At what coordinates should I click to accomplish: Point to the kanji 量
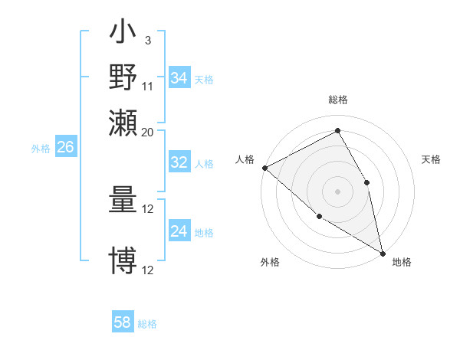tap(123, 201)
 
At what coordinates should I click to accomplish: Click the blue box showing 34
tap(179, 78)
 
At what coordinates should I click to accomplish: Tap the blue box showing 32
tap(179, 162)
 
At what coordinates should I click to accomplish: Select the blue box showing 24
tap(179, 231)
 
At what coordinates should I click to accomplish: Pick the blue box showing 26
tap(65, 147)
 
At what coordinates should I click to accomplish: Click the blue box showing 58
tap(123, 322)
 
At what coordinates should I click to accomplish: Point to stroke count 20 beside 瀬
tap(148, 132)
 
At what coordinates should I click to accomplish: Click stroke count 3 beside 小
tap(147, 40)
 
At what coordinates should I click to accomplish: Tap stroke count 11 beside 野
tap(148, 86)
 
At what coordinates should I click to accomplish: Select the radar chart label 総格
tap(338, 100)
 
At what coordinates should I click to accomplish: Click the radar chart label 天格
tap(432, 159)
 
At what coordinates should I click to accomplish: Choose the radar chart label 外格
tap(270, 263)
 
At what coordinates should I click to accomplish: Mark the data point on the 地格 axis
tap(383, 253)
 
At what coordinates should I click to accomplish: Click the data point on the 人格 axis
tap(264, 168)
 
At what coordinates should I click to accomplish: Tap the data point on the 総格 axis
tap(338, 130)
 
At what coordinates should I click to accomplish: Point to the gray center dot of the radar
tap(338, 191)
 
